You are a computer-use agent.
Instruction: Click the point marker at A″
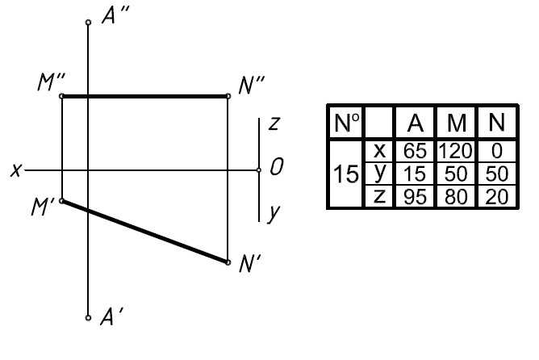pyautogui.click(x=88, y=23)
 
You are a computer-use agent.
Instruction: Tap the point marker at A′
pyautogui.click(x=88, y=318)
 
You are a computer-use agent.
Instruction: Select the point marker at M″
pyautogui.click(x=62, y=96)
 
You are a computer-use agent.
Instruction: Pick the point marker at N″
pyautogui.click(x=228, y=96)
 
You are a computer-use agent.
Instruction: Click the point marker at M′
pyautogui.click(x=62, y=201)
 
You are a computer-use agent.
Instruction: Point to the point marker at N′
pyautogui.click(x=228, y=262)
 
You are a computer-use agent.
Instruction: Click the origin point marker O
pyautogui.click(x=259, y=170)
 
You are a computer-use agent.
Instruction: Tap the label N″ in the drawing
pyautogui.click(x=252, y=86)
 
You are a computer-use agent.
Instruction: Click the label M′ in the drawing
pyautogui.click(x=43, y=207)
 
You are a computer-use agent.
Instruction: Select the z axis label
pyautogui.click(x=274, y=123)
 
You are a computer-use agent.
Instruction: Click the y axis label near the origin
pyautogui.click(x=274, y=214)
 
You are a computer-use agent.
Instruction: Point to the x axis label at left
pyautogui.click(x=16, y=170)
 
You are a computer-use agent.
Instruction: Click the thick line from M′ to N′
pyautogui.click(x=145, y=232)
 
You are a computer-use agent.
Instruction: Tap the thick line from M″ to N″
pyautogui.click(x=145, y=96)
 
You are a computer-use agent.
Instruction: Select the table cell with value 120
pyautogui.click(x=455, y=151)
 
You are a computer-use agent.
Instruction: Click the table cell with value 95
pyautogui.click(x=415, y=197)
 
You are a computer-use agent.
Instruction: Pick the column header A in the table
pyautogui.click(x=416, y=123)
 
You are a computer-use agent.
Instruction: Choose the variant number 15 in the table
pyautogui.click(x=346, y=174)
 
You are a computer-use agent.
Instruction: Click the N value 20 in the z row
pyautogui.click(x=497, y=197)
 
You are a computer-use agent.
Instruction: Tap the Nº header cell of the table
pyautogui.click(x=346, y=123)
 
